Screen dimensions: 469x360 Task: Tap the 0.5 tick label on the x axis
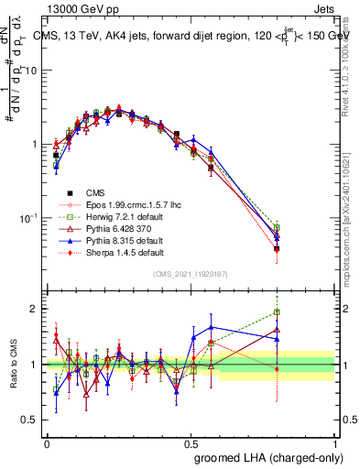pos(191,442)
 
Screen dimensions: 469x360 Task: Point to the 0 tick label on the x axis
pos(46,442)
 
